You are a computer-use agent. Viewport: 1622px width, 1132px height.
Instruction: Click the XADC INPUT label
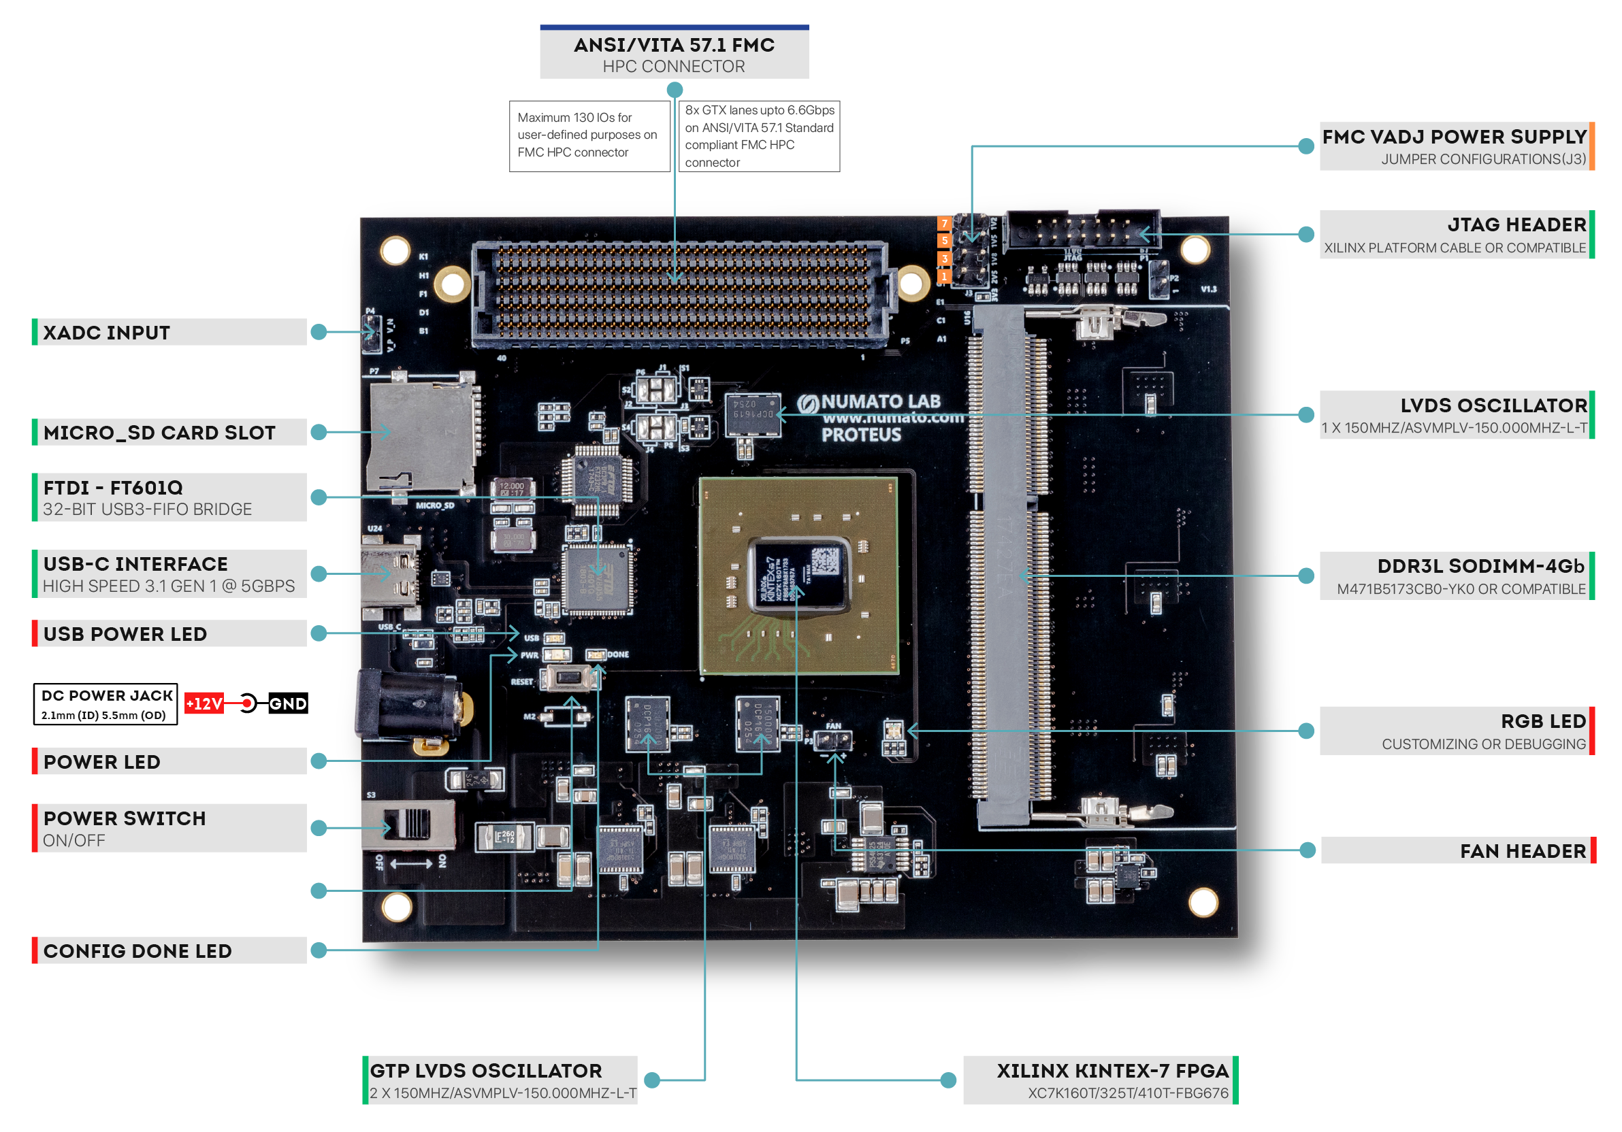click(x=106, y=333)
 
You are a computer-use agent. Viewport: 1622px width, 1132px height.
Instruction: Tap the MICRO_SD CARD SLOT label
click(x=159, y=432)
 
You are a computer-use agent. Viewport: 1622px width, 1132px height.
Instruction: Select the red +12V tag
click(x=204, y=703)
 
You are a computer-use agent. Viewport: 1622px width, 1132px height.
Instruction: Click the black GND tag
click(x=287, y=703)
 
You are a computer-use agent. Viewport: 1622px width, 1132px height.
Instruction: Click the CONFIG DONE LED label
click(x=137, y=950)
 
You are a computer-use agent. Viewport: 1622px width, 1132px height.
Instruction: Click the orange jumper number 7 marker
click(x=944, y=224)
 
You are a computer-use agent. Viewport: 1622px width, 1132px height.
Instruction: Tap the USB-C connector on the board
click(x=389, y=573)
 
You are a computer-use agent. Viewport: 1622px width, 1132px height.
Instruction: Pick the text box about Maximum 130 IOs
click(x=589, y=135)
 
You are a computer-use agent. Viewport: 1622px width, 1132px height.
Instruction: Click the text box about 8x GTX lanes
click(x=759, y=136)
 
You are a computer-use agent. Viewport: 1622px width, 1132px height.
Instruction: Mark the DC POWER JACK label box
click(x=106, y=704)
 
